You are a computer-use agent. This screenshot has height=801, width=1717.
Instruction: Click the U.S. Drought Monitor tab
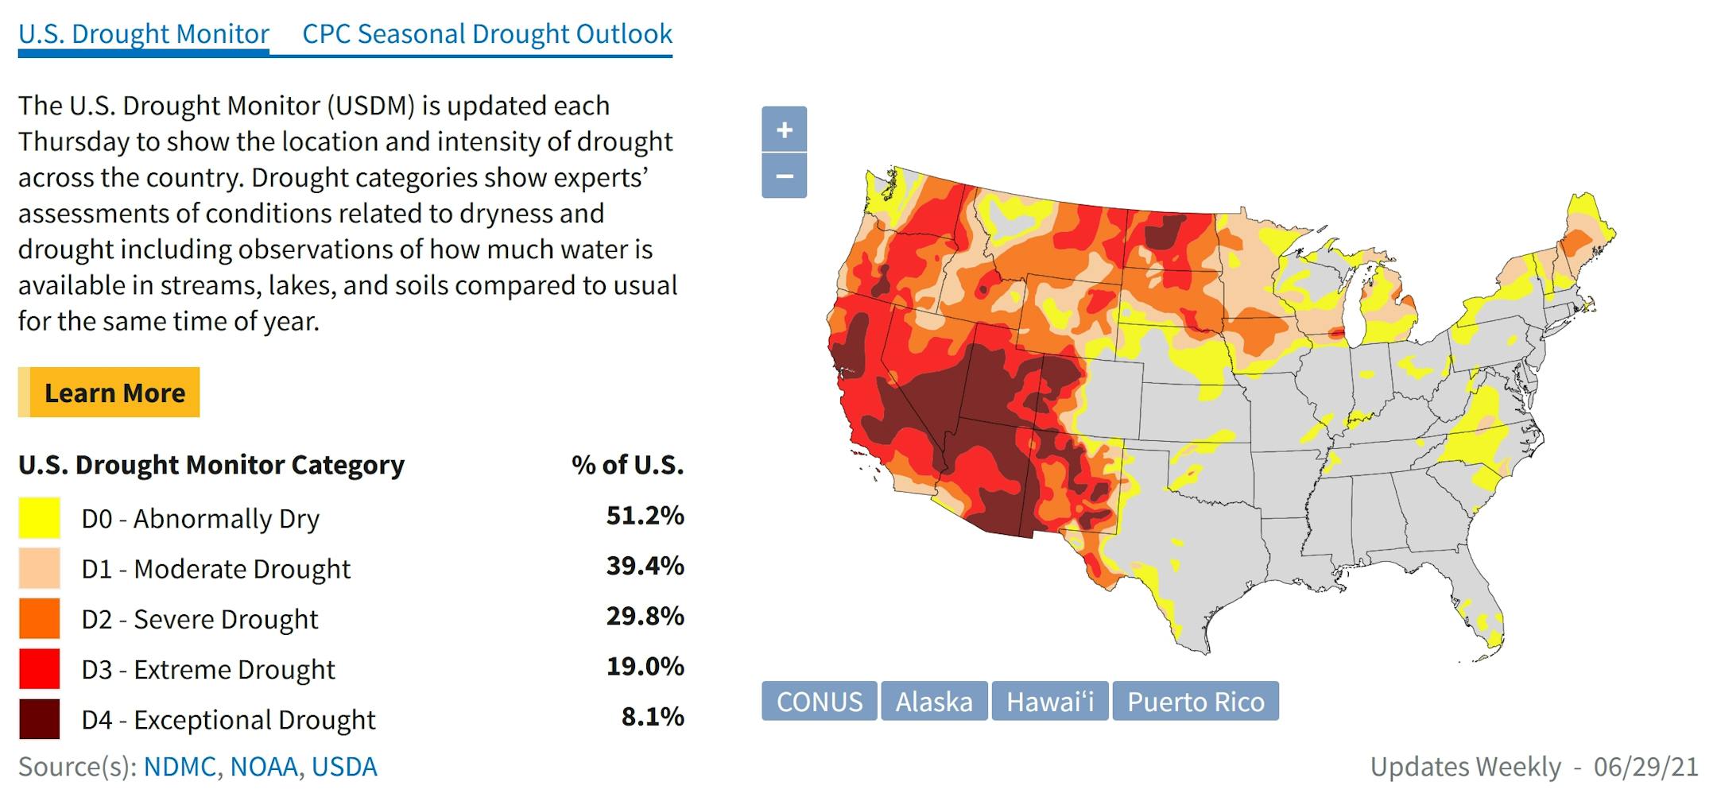144,34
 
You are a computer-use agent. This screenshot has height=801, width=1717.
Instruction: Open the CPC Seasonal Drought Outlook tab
487,34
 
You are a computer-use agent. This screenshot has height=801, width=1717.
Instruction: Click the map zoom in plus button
784,130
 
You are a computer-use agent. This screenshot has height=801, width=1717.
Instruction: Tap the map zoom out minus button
784,176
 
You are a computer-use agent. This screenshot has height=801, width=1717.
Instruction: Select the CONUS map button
819,702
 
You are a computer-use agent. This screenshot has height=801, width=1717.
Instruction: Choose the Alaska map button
933,702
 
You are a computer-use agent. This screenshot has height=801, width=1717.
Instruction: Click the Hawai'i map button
1049,702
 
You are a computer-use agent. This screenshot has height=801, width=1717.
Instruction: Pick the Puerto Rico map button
1195,702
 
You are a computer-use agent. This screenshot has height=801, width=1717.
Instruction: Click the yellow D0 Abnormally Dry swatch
39,518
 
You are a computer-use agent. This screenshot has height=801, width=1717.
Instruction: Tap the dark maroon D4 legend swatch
39,719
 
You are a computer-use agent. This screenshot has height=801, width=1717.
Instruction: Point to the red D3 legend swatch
39,669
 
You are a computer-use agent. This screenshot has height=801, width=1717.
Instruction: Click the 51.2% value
645,516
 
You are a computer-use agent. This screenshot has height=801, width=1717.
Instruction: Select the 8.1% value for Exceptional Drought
652,717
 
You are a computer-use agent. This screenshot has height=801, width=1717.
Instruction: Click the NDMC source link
180,767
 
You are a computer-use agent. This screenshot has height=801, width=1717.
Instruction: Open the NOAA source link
264,767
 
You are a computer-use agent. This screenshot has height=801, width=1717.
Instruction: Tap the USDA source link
344,767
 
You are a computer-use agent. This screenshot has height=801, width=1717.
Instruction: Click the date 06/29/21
1645,767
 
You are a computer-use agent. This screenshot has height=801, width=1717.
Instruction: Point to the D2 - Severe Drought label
200,619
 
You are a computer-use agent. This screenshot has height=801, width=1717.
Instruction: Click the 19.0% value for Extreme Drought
645,667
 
